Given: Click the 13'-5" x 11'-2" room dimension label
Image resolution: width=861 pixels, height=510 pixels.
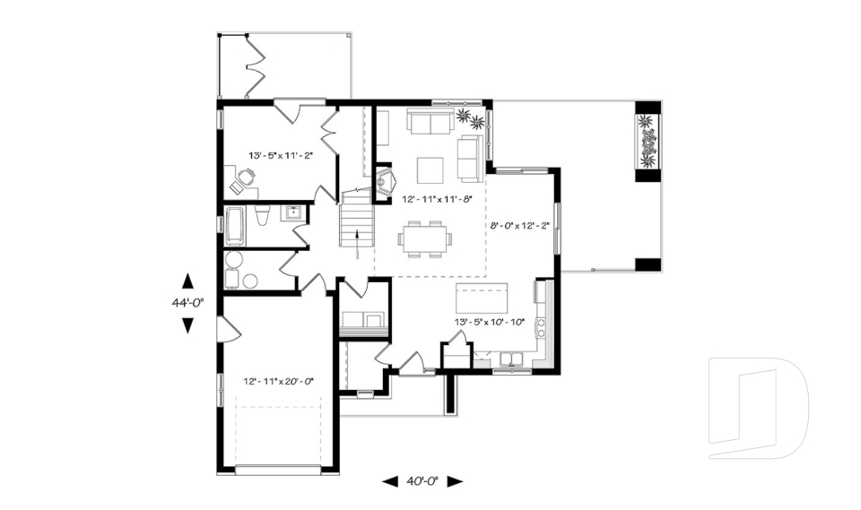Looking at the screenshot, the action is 281,155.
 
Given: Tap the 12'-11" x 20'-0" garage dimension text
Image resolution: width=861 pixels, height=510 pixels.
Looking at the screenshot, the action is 278,380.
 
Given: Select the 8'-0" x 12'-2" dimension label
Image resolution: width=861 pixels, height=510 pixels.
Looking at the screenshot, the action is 520,225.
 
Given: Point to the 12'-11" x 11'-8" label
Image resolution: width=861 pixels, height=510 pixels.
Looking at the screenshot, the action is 437,199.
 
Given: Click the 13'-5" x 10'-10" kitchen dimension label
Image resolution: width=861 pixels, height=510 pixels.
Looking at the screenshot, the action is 490,322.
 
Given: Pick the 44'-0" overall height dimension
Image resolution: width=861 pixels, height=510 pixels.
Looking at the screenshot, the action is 187,301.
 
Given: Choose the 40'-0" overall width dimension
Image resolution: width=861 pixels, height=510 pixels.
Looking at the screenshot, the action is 422,481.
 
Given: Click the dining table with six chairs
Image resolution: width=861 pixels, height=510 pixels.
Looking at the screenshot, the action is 425,238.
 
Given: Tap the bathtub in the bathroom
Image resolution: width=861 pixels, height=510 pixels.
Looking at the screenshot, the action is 235,225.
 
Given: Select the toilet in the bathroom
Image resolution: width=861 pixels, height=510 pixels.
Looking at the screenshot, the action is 262,216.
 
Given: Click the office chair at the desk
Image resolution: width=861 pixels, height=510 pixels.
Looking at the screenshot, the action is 247,177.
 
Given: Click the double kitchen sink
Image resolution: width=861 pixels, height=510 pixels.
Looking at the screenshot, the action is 513,360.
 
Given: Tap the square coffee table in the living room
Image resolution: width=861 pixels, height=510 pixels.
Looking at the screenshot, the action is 430,170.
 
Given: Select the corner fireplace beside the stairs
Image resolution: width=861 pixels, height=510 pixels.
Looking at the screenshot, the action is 385,181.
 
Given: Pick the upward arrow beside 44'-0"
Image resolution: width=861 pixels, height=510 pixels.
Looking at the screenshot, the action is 187,281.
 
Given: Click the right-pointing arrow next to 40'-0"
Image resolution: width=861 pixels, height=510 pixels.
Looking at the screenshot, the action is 456,481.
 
